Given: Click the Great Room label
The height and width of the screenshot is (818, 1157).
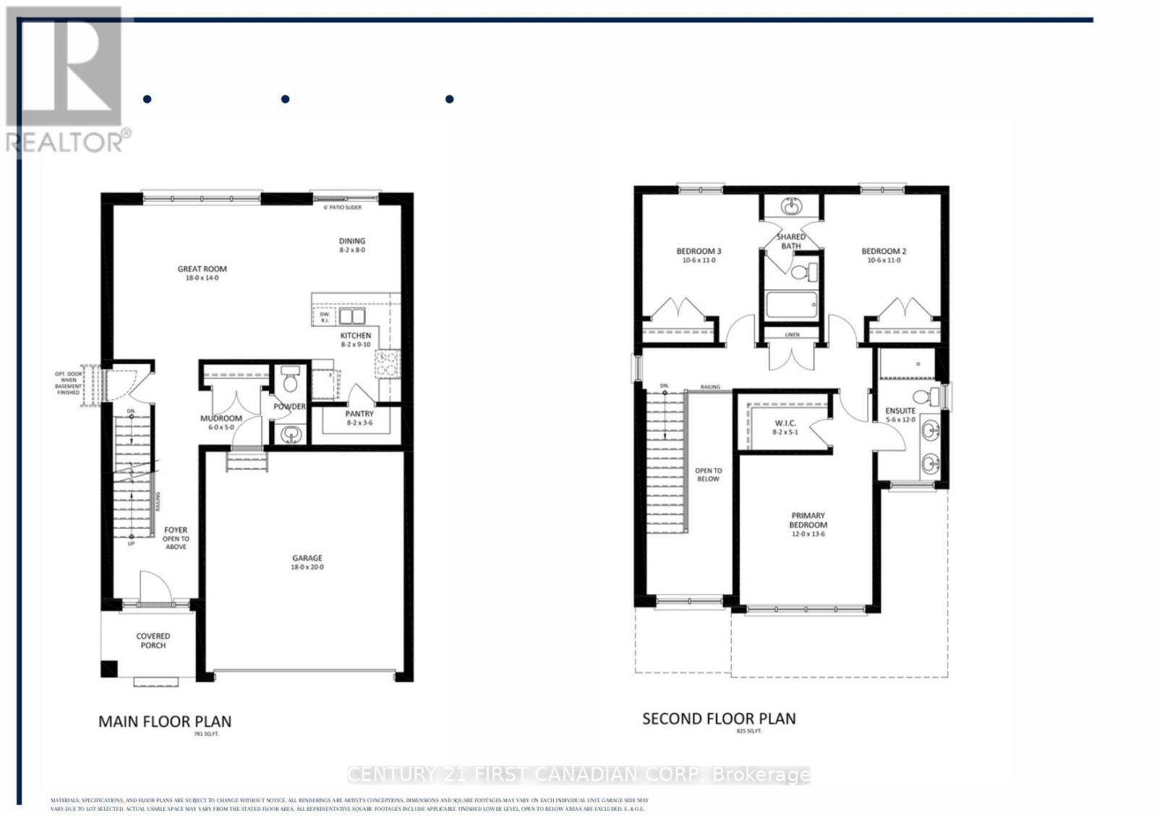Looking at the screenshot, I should [x=202, y=269].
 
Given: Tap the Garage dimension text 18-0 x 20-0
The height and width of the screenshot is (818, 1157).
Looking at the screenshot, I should [x=307, y=567].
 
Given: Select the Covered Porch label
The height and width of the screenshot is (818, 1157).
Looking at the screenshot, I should [x=153, y=641].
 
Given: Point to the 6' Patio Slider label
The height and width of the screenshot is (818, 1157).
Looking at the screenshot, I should [x=342, y=208].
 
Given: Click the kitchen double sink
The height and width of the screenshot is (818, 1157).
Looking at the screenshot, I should [x=352, y=316].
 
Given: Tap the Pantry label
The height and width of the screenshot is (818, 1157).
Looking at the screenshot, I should [x=359, y=414].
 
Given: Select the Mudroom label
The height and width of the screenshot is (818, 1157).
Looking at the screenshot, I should [x=221, y=418].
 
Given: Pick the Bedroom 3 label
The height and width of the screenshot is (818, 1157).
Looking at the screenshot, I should [x=699, y=251].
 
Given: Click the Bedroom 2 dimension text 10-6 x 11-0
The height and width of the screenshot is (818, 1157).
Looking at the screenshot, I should [x=884, y=260].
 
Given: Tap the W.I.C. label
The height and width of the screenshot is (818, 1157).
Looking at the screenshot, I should [x=785, y=423].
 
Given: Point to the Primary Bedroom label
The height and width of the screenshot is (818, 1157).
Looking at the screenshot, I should [x=808, y=520].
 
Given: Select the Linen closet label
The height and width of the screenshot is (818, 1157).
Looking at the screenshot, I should [x=792, y=335].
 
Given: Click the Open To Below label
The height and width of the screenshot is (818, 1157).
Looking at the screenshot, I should [x=708, y=474].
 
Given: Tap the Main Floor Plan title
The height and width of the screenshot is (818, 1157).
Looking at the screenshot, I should [x=165, y=721].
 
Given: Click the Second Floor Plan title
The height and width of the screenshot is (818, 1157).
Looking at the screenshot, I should [x=719, y=719].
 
